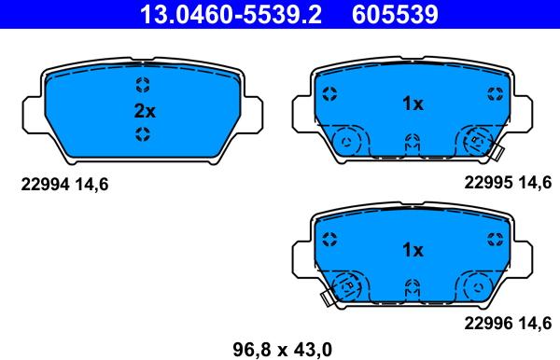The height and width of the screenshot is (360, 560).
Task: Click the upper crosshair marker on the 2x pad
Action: tap(143, 87)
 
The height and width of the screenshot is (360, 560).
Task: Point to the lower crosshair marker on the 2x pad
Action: tap(143, 135)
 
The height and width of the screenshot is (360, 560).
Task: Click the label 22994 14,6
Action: tap(65, 185)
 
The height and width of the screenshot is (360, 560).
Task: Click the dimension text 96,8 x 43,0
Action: tap(282, 350)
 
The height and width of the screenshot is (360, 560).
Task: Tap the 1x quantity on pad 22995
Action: tap(413, 104)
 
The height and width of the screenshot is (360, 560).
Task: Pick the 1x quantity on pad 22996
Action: tap(413, 250)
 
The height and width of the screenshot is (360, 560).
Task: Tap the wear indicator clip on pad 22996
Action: tap(328, 298)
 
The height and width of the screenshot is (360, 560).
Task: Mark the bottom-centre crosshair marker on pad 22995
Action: tap(412, 142)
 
